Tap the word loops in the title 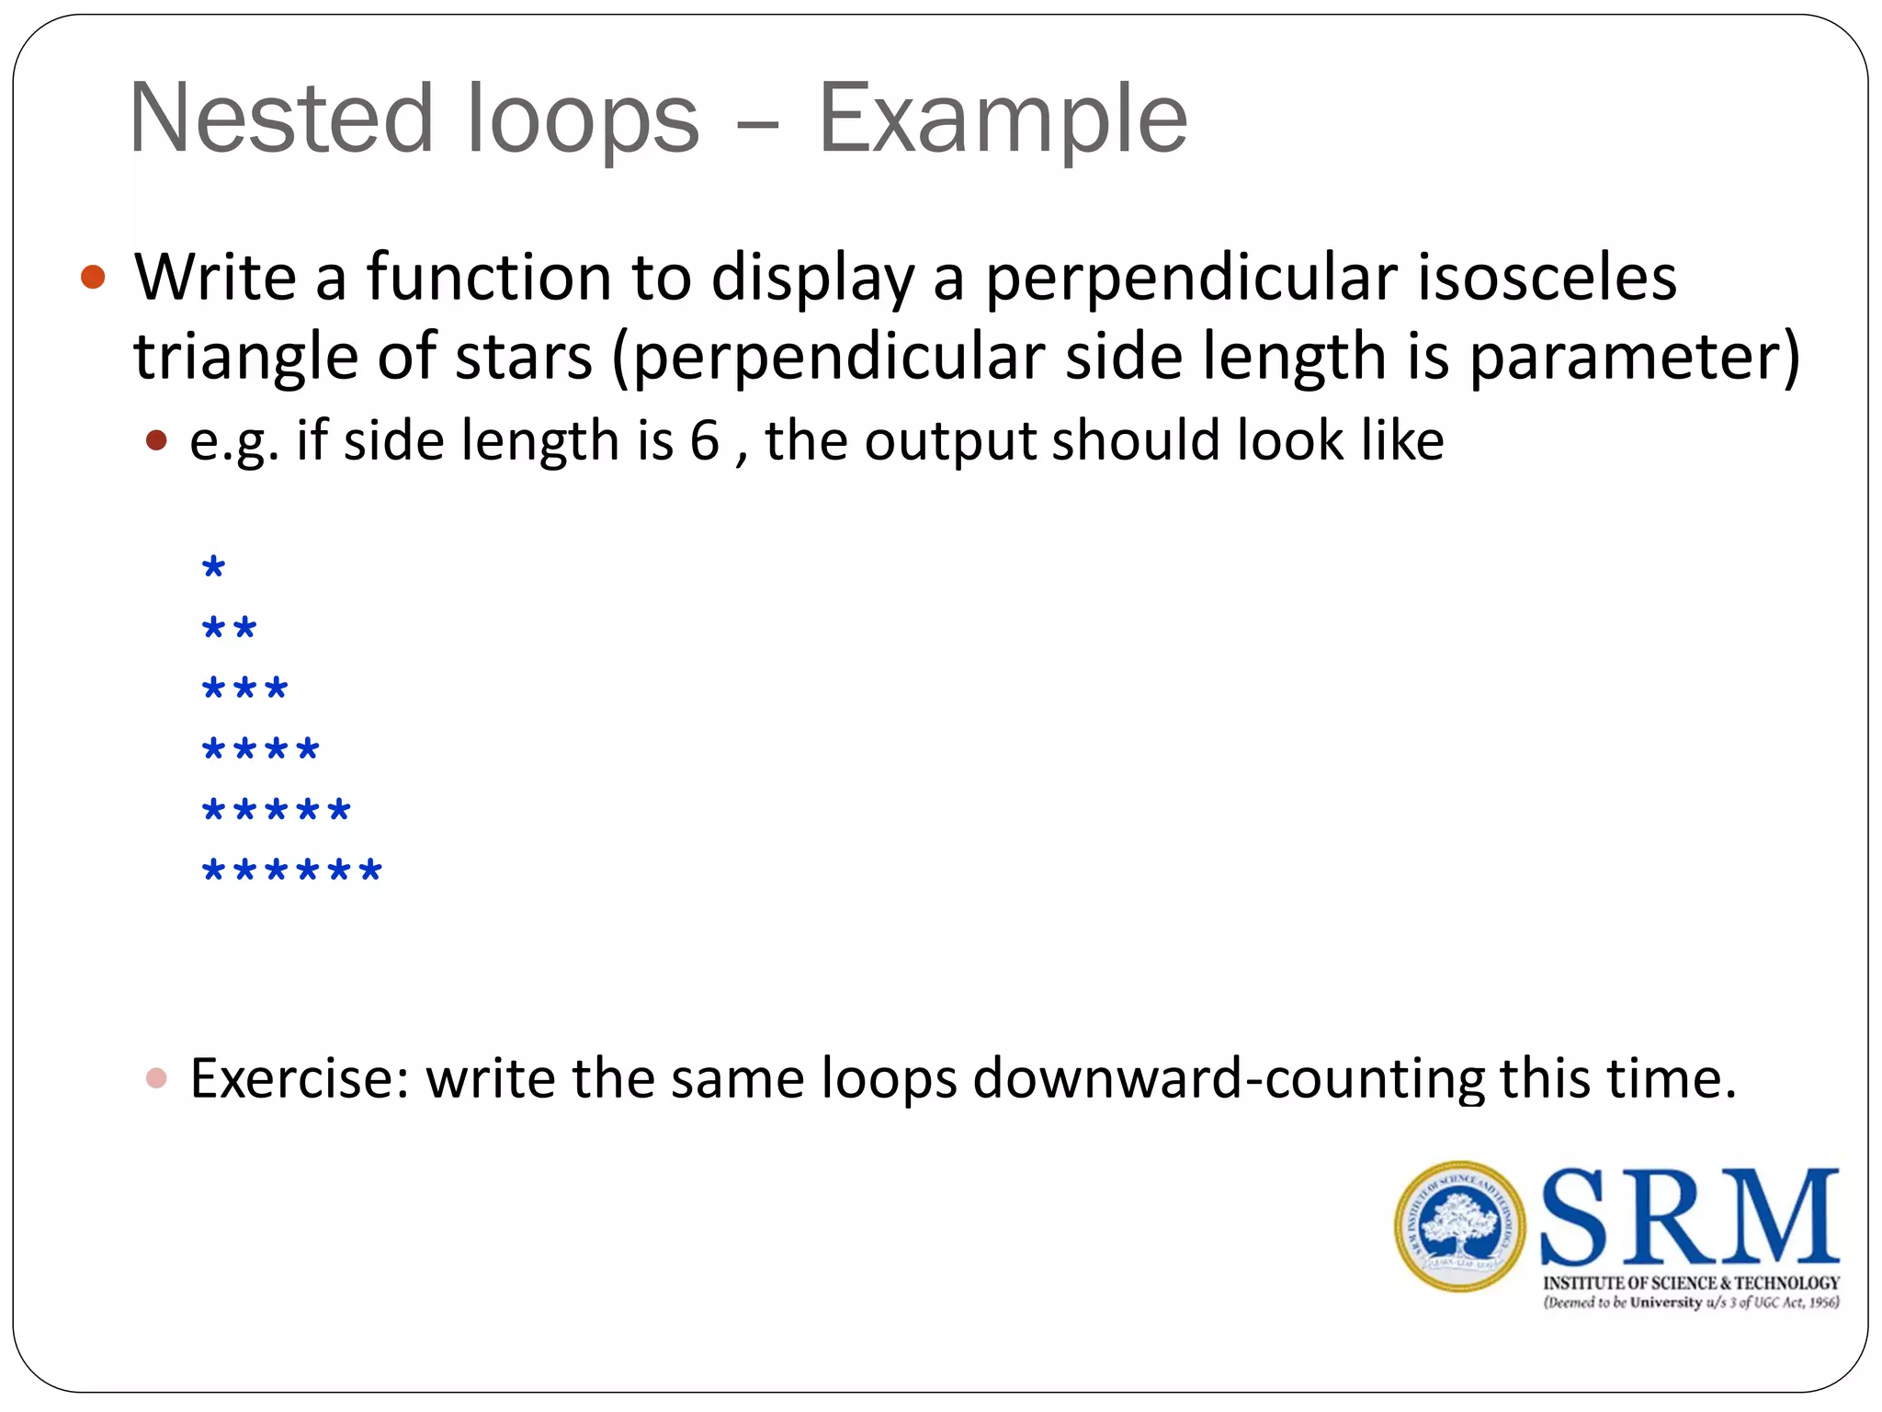click(583, 120)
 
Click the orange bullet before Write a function click(93, 277)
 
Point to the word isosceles click(1547, 277)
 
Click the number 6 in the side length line click(704, 440)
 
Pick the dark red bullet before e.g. click(156, 440)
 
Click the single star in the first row click(213, 568)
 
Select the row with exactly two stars click(229, 629)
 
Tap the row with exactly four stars click(260, 749)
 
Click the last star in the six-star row click(370, 870)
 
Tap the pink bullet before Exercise click(156, 1077)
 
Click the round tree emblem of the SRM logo click(1459, 1226)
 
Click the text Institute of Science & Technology click(1691, 1282)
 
